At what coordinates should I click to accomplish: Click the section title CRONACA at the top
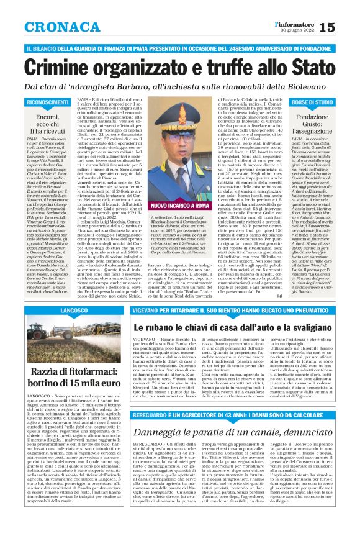point(55,26)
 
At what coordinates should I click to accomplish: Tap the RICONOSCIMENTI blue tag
point(47,101)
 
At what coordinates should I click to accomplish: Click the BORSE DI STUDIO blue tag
point(312,101)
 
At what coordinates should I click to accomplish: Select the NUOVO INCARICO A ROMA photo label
point(162,204)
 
